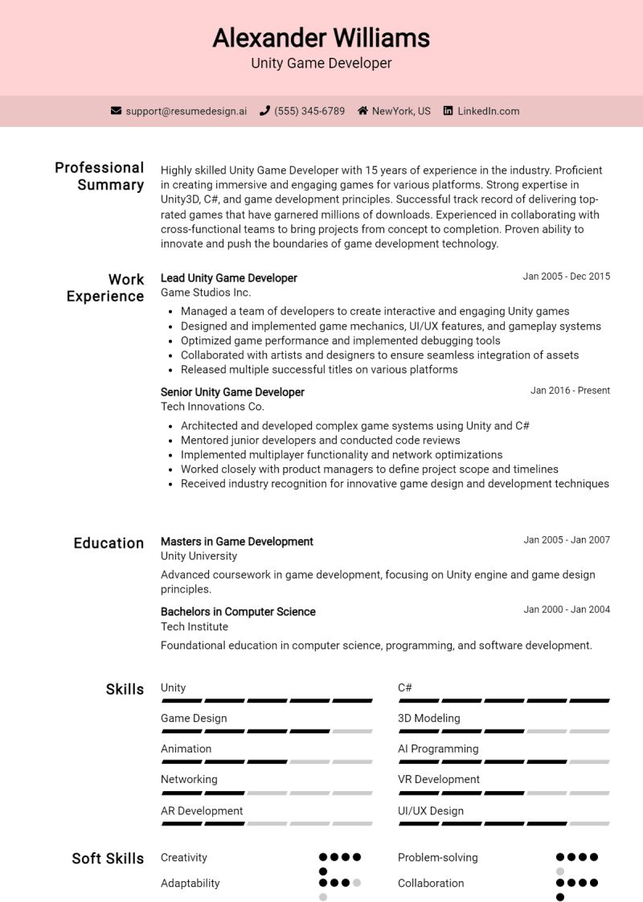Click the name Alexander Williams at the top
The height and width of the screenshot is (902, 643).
pyautogui.click(x=321, y=38)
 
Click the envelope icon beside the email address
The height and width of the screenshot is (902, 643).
pyautogui.click(x=116, y=111)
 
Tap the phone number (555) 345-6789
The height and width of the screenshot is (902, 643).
pyautogui.click(x=309, y=111)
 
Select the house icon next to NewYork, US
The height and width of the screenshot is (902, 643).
pyautogui.click(x=362, y=111)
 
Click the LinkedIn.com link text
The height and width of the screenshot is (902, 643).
pyautogui.click(x=488, y=111)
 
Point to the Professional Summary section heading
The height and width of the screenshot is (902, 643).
pyautogui.click(x=99, y=176)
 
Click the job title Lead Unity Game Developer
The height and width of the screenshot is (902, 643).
pyautogui.click(x=229, y=278)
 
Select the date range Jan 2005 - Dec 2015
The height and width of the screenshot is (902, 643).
pyautogui.click(x=566, y=277)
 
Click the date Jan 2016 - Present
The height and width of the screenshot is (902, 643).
pyautogui.click(x=570, y=391)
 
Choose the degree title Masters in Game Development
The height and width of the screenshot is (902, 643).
pyautogui.click(x=237, y=542)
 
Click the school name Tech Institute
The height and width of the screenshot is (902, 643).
pyautogui.click(x=195, y=627)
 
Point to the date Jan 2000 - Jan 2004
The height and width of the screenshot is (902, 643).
pyautogui.click(x=567, y=609)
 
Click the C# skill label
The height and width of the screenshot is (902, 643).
pyautogui.click(x=405, y=688)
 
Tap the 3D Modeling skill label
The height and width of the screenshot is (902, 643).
pyautogui.click(x=429, y=719)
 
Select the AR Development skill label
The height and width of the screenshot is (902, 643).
pyautogui.click(x=202, y=811)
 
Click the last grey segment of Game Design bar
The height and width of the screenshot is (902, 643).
pyautogui.click(x=352, y=732)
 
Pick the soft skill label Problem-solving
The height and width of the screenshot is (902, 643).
pyautogui.click(x=438, y=858)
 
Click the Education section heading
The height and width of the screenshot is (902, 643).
pyautogui.click(x=109, y=543)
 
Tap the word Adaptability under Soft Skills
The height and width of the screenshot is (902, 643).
pyautogui.click(x=190, y=884)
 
